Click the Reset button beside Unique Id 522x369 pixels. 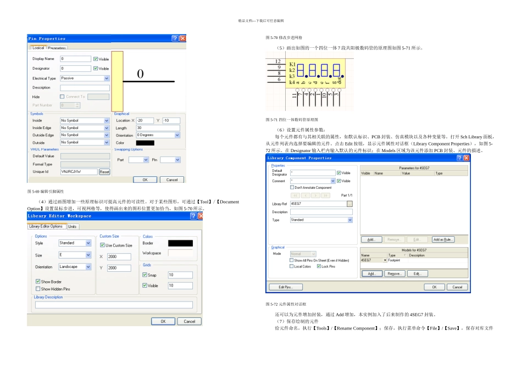104,172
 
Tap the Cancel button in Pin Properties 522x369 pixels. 172,180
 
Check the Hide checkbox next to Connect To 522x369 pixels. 62,97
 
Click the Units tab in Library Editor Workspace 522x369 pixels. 73,226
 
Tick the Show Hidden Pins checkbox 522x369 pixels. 38,289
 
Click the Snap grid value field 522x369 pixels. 180,275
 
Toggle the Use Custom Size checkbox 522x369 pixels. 103,245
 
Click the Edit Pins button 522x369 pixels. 285,287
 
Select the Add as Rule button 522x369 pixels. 443,239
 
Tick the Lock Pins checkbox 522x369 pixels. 319,266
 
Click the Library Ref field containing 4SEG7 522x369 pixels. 318,204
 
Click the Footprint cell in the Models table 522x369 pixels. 394,260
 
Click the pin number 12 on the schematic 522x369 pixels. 279,61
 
